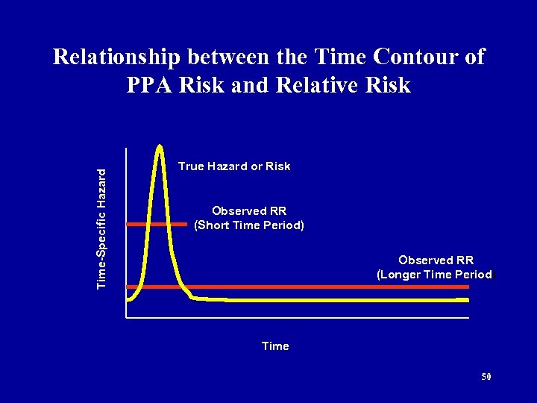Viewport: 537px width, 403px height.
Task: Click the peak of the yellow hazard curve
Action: (160, 146)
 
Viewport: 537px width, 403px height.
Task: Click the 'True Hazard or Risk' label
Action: (234, 166)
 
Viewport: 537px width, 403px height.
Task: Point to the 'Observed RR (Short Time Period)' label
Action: (249, 217)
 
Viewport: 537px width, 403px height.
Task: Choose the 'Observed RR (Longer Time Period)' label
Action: (436, 267)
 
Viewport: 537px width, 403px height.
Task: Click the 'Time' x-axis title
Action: (275, 346)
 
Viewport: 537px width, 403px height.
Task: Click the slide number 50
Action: (486, 377)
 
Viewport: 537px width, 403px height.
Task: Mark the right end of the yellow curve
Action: (468, 300)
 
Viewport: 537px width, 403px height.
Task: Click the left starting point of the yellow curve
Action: (128, 299)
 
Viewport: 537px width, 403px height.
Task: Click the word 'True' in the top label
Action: (191, 166)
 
